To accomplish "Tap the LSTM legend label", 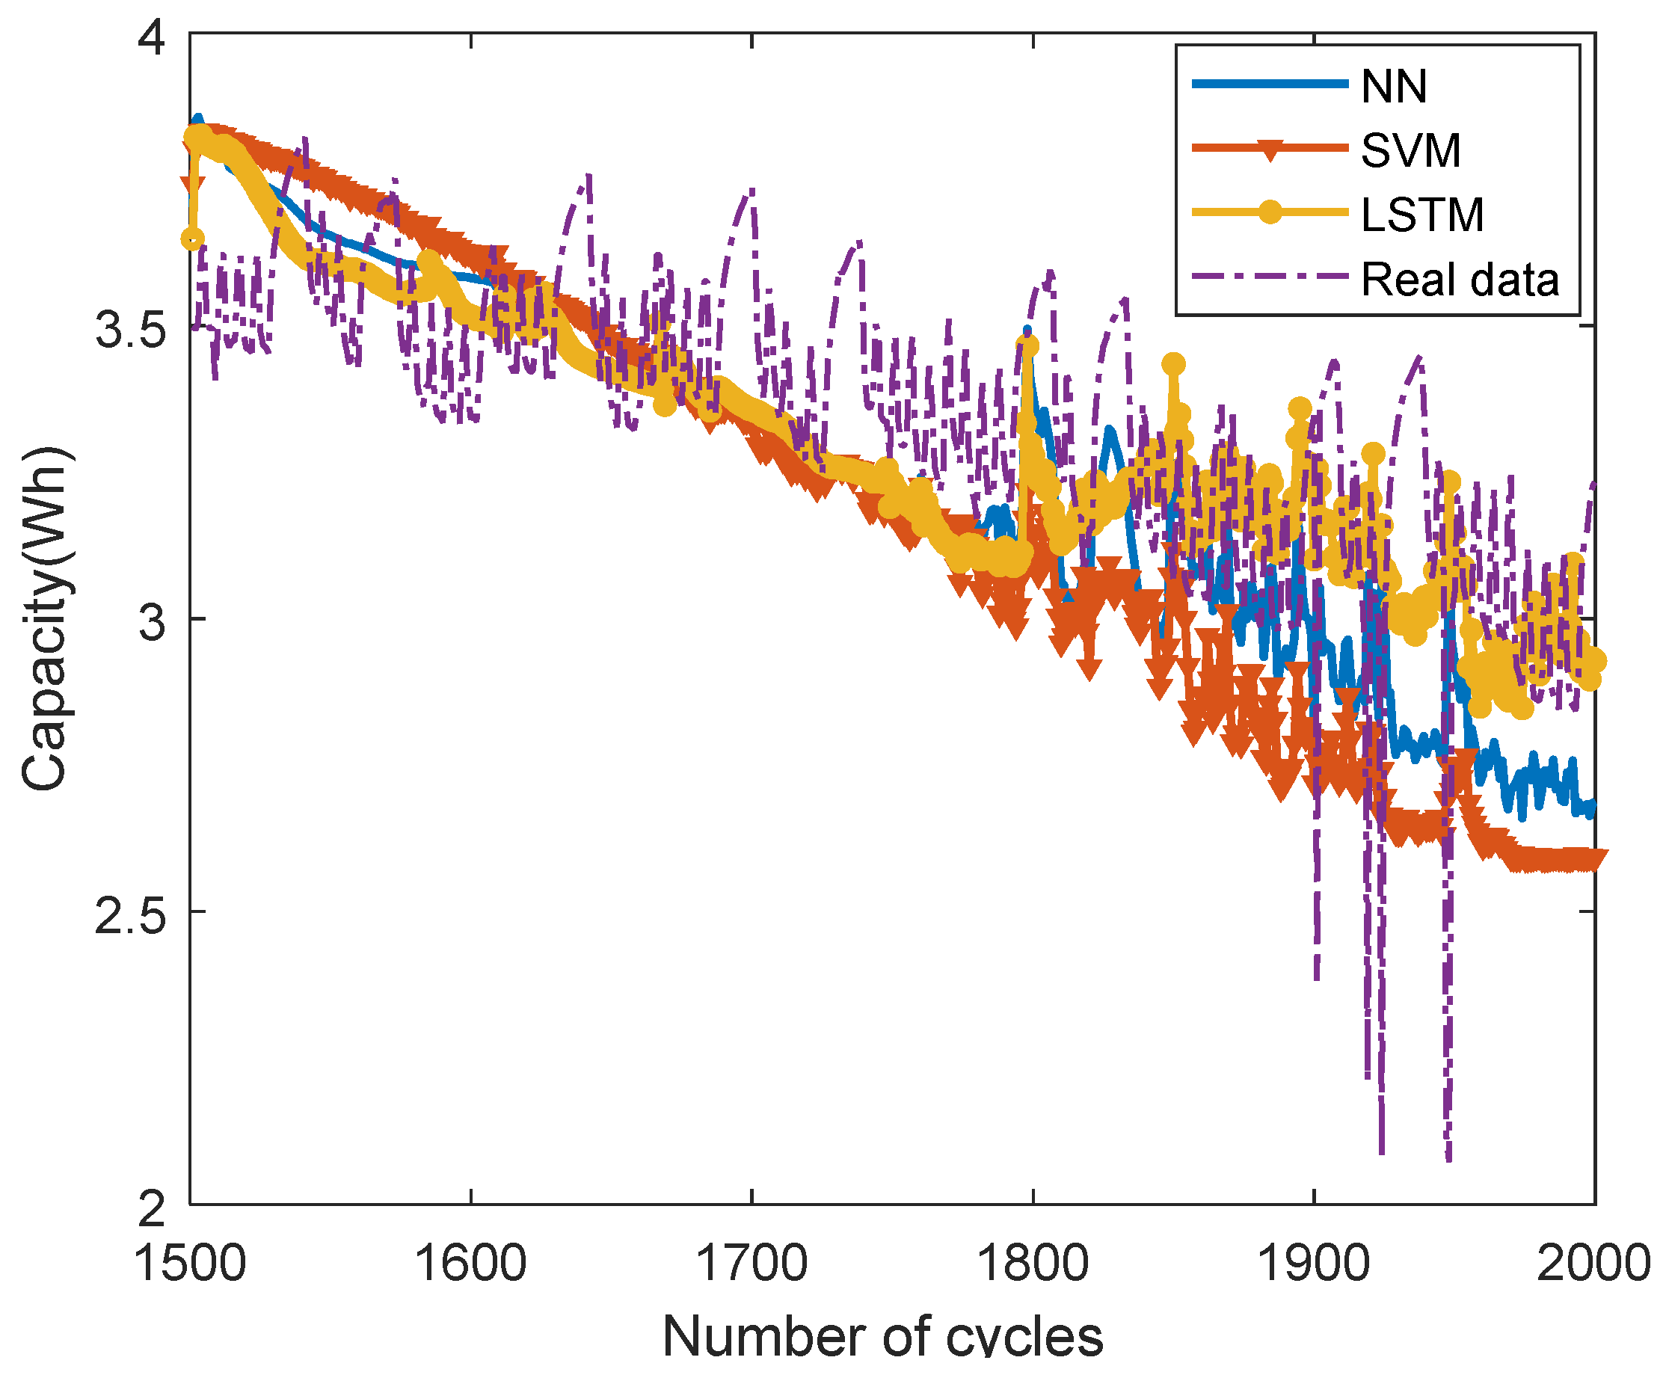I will [1421, 214].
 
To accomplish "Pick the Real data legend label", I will [1460, 279].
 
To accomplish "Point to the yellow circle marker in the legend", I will [1270, 212].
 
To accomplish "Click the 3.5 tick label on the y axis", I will [131, 328].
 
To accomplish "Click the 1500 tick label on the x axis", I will [191, 1263].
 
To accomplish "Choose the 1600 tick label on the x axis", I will [470, 1263].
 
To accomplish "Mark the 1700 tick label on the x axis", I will [751, 1263].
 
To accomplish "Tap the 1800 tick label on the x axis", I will [1032, 1263].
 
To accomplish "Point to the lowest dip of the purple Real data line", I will [1449, 1160].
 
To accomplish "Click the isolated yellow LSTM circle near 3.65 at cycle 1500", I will [192, 239].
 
